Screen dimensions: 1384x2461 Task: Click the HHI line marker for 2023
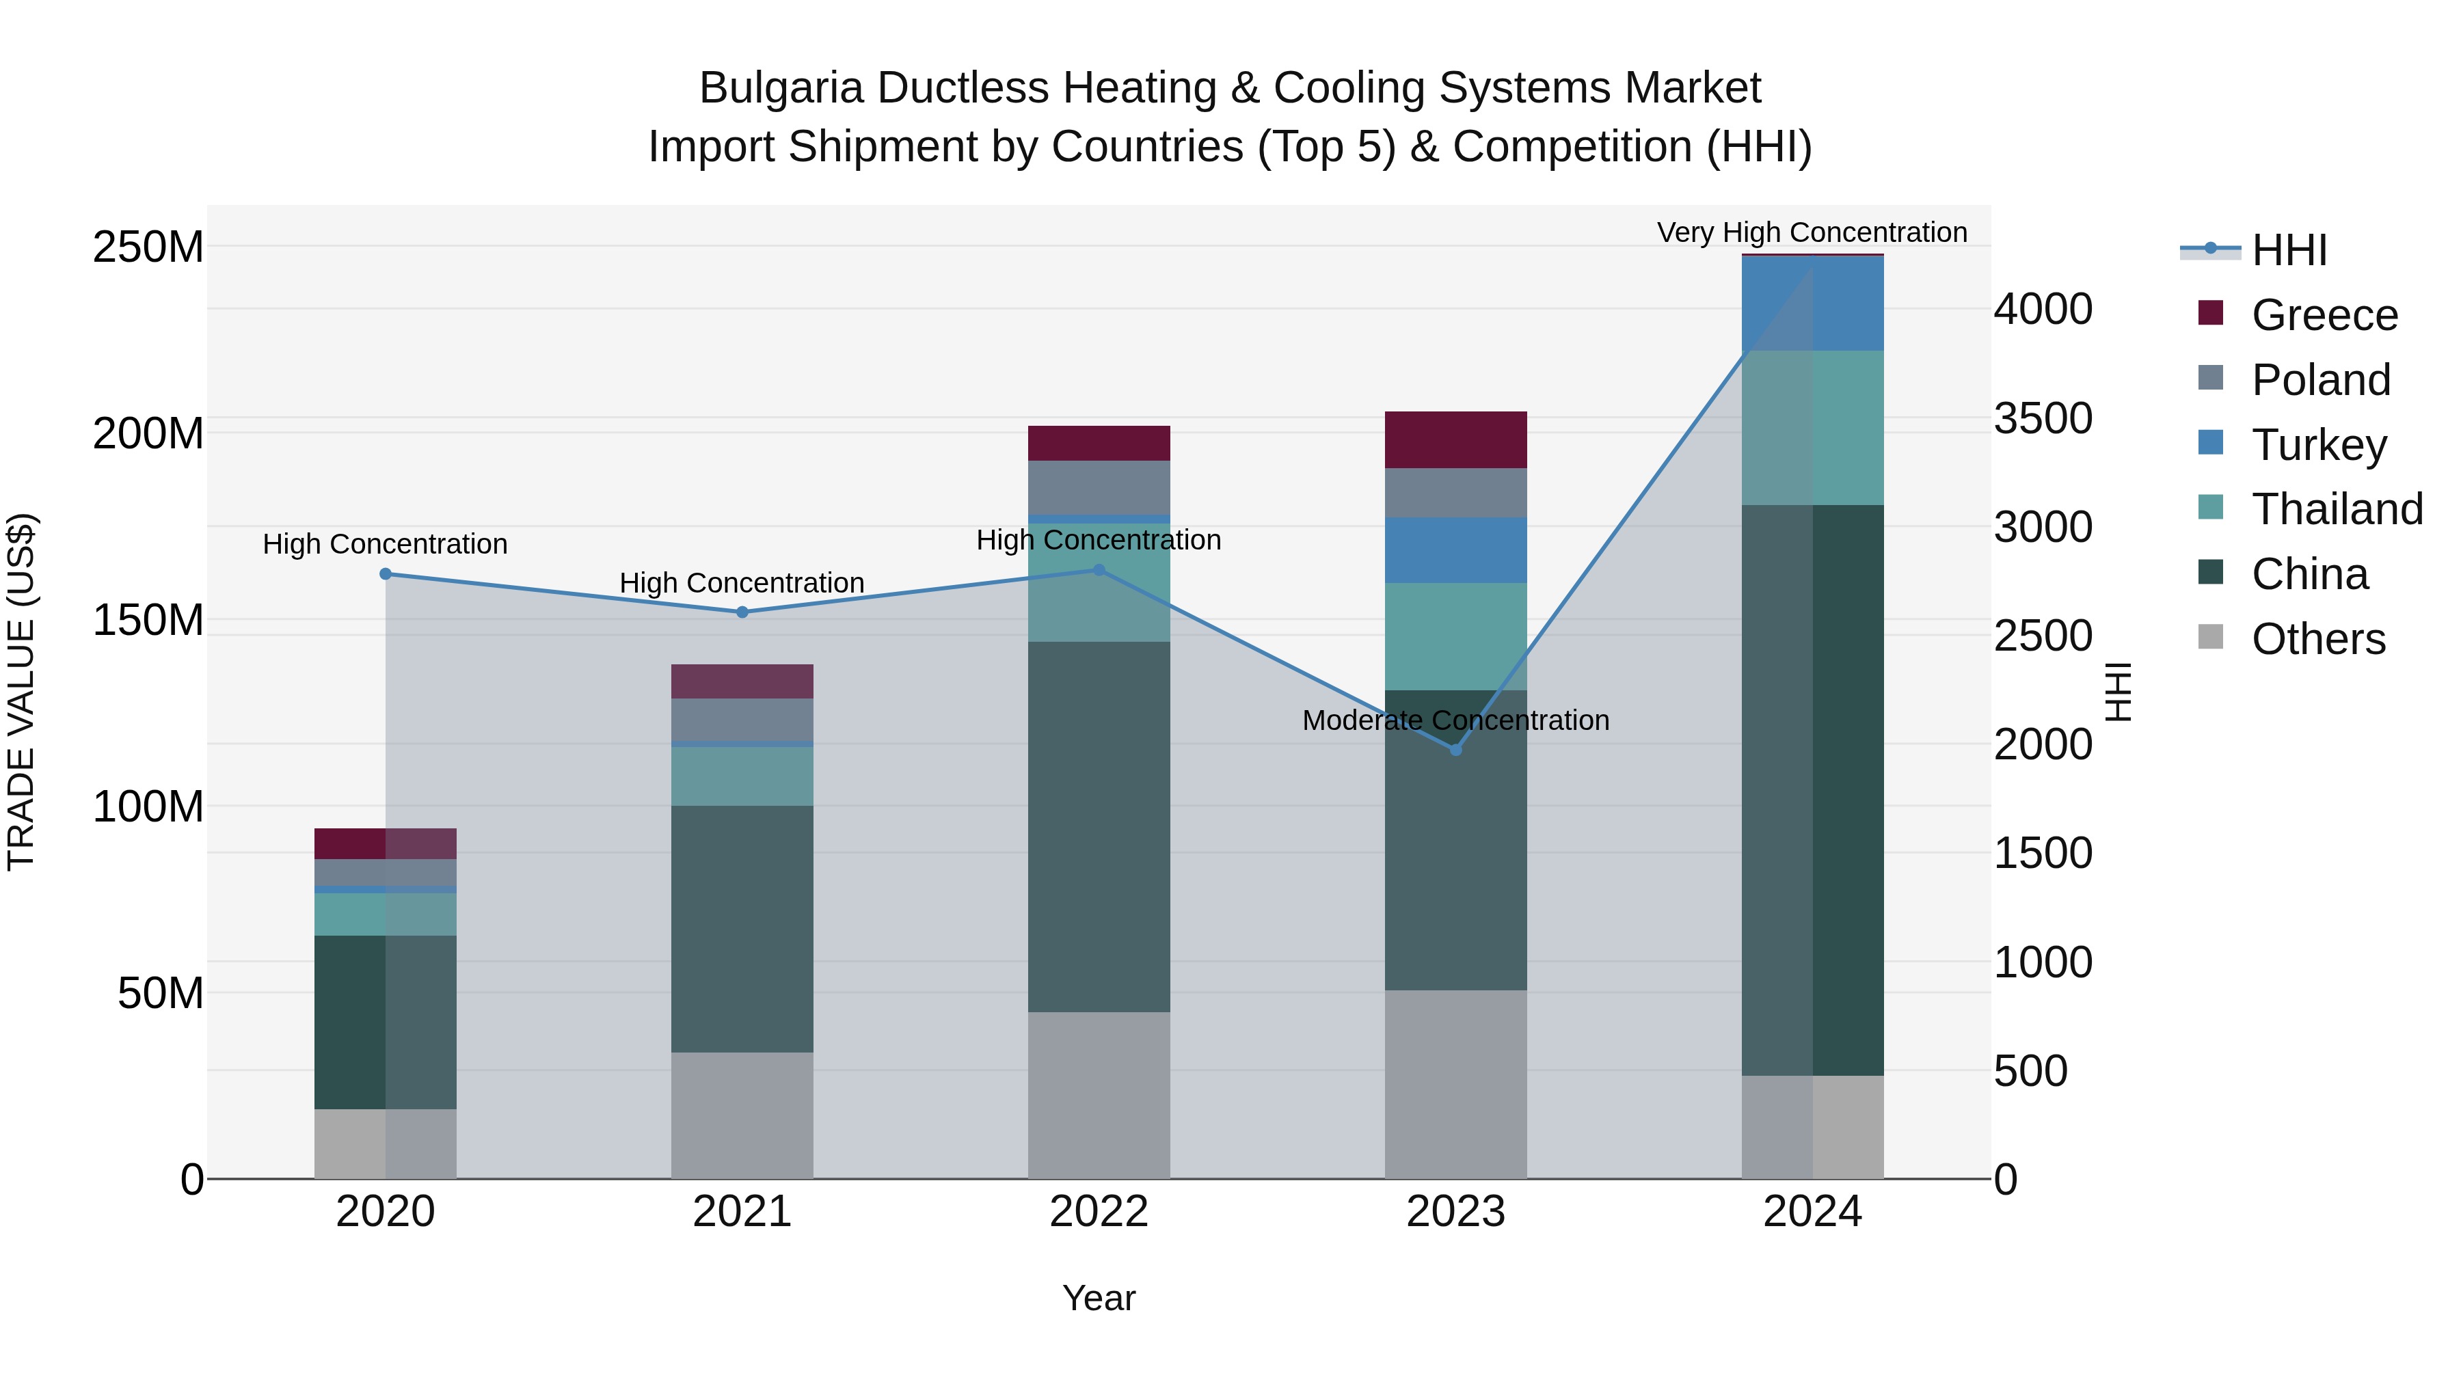[1455, 750]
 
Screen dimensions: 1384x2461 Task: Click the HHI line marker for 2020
[385, 574]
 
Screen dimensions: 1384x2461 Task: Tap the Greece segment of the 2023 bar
[1455, 439]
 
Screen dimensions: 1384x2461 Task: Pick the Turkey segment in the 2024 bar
[1812, 303]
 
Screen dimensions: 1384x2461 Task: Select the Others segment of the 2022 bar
[1099, 1095]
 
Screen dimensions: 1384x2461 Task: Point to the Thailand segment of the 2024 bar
[1812, 427]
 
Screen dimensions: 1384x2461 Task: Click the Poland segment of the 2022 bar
[1099, 487]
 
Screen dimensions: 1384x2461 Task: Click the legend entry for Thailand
[2336, 509]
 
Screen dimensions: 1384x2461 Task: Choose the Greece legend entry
[2324, 315]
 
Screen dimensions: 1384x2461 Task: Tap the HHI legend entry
[2288, 250]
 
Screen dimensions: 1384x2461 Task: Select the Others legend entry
[2317, 639]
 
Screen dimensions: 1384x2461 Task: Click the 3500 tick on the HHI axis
[2043, 418]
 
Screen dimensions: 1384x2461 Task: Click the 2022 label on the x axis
[1099, 1212]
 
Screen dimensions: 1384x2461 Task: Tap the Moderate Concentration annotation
[1455, 720]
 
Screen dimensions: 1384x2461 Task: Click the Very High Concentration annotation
[1812, 232]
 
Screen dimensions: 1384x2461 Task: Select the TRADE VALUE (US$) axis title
[21, 692]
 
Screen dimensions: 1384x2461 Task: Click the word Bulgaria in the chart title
[781, 88]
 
